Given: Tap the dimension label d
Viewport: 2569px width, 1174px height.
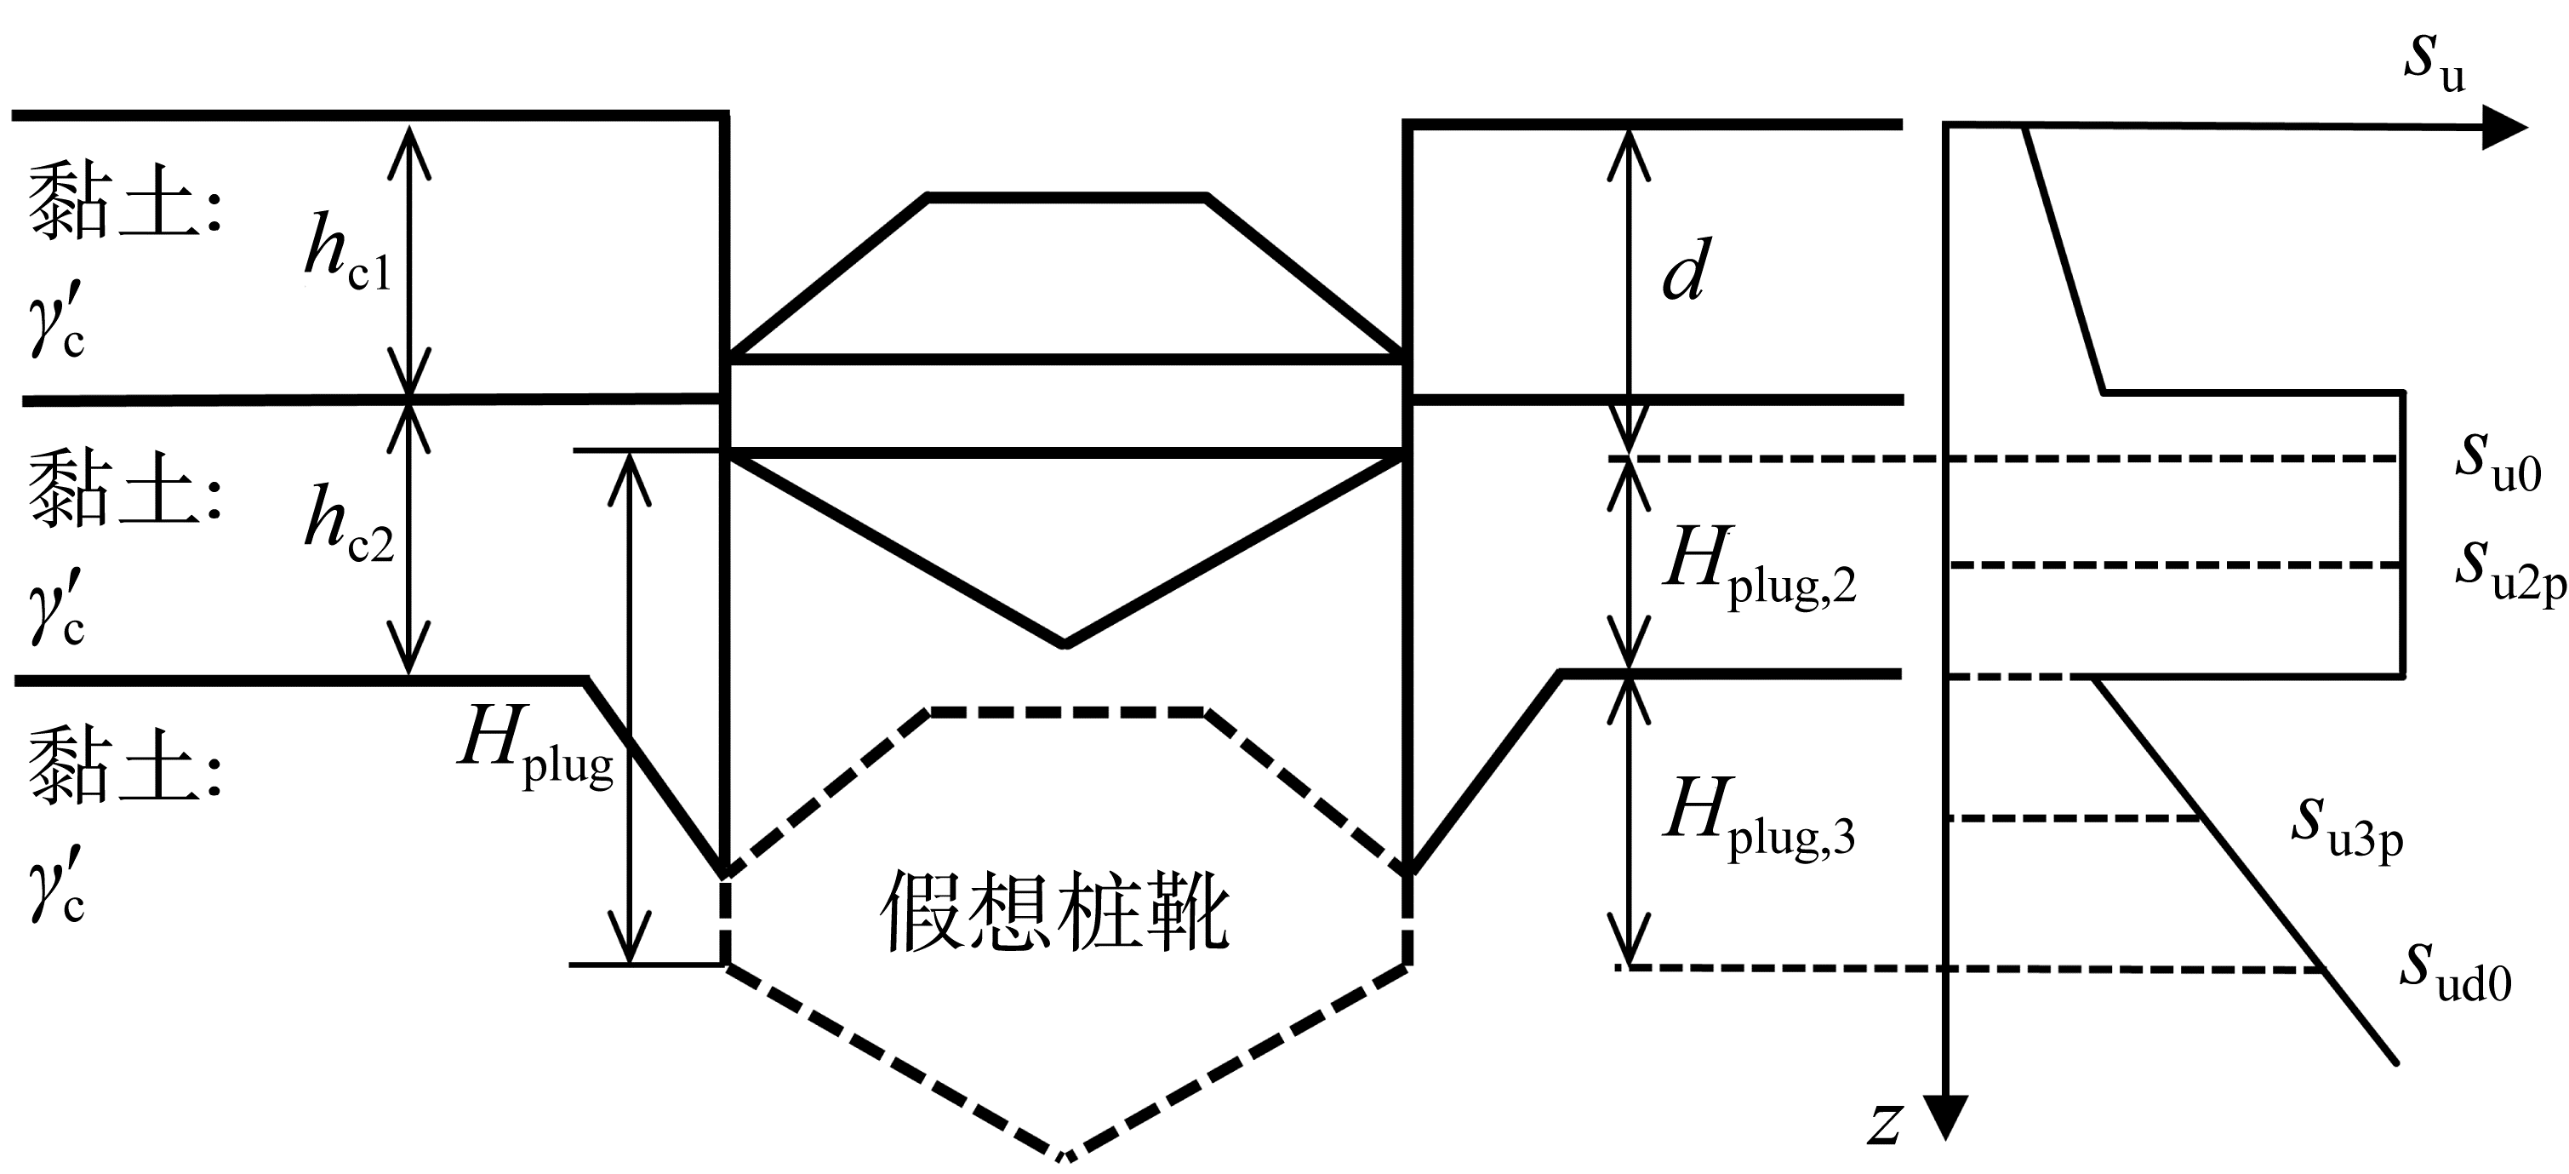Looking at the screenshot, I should pyautogui.click(x=1687, y=271).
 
